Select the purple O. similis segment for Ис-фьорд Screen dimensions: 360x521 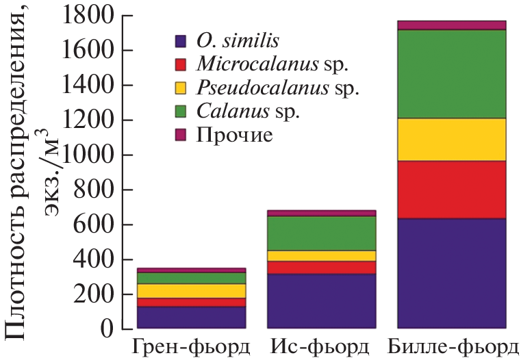(321, 301)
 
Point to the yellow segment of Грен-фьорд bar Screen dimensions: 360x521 (191, 291)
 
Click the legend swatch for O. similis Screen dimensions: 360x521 (181, 41)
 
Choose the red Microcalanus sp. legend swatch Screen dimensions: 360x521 (181, 65)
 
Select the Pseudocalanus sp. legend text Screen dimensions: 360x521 (277, 88)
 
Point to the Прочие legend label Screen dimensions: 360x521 (234, 135)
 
